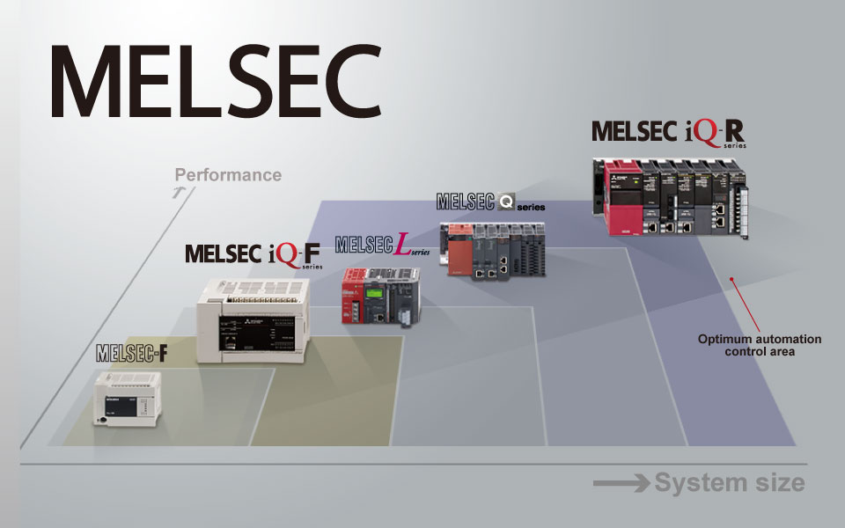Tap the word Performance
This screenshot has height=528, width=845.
(228, 174)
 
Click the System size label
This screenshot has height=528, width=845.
(730, 482)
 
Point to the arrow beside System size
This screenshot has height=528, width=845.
(621, 483)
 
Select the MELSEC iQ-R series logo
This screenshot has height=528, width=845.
(668, 133)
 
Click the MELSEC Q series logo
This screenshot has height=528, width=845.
(490, 202)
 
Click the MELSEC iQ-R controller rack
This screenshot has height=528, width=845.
(677, 197)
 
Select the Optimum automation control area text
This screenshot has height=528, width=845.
(759, 345)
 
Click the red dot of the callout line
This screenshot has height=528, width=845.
(731, 280)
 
